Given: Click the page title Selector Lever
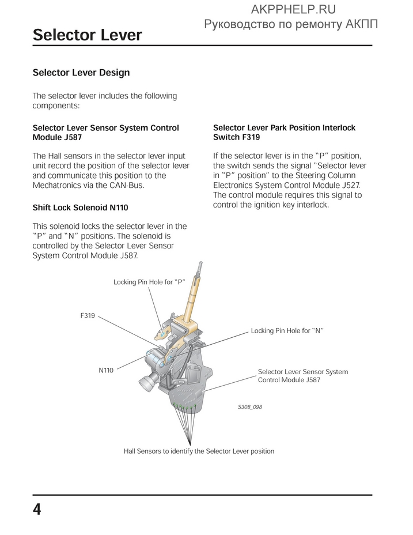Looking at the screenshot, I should [x=87, y=35].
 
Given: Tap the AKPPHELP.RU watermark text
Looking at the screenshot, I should [x=293, y=9].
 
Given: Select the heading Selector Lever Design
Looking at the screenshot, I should [x=81, y=73].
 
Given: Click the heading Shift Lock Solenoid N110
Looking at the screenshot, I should [x=80, y=208].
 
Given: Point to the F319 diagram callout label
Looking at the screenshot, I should [x=88, y=316].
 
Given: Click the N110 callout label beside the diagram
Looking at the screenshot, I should [x=106, y=371].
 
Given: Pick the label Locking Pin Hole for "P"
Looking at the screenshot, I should [x=149, y=282].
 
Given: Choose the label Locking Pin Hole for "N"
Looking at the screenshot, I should [x=287, y=331].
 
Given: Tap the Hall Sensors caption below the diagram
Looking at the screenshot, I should [x=199, y=451].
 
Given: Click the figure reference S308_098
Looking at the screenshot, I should [x=250, y=407].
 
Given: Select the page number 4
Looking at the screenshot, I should [x=37, y=510].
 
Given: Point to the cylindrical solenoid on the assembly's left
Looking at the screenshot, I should [x=149, y=380].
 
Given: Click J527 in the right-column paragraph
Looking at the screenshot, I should [x=348, y=185].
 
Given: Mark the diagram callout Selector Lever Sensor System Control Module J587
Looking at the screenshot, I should [x=302, y=376].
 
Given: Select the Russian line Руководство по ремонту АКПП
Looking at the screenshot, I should [x=291, y=24].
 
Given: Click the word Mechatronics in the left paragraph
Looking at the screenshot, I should [x=59, y=186].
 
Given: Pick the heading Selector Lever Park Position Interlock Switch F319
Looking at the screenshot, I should [x=284, y=133].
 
